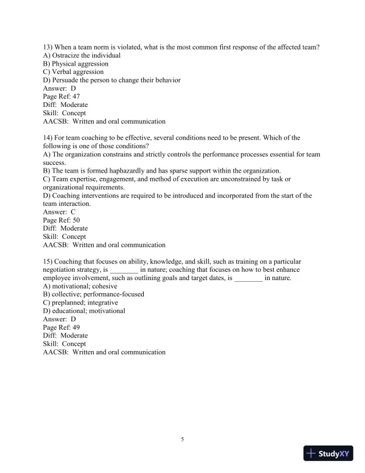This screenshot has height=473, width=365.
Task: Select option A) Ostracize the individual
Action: tap(82, 55)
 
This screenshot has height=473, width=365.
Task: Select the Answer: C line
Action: tap(60, 211)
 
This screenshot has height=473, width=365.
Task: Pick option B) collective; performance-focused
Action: tap(94, 294)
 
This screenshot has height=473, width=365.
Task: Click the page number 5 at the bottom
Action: tap(182, 440)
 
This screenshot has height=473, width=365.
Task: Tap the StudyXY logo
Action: tap(327, 454)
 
